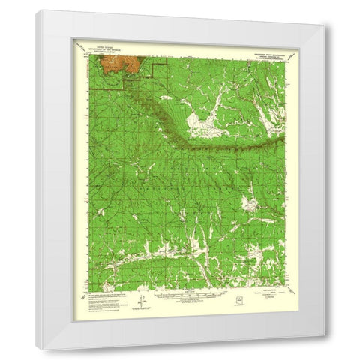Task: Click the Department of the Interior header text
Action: tap(108, 47)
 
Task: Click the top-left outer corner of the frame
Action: tap(34, 10)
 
